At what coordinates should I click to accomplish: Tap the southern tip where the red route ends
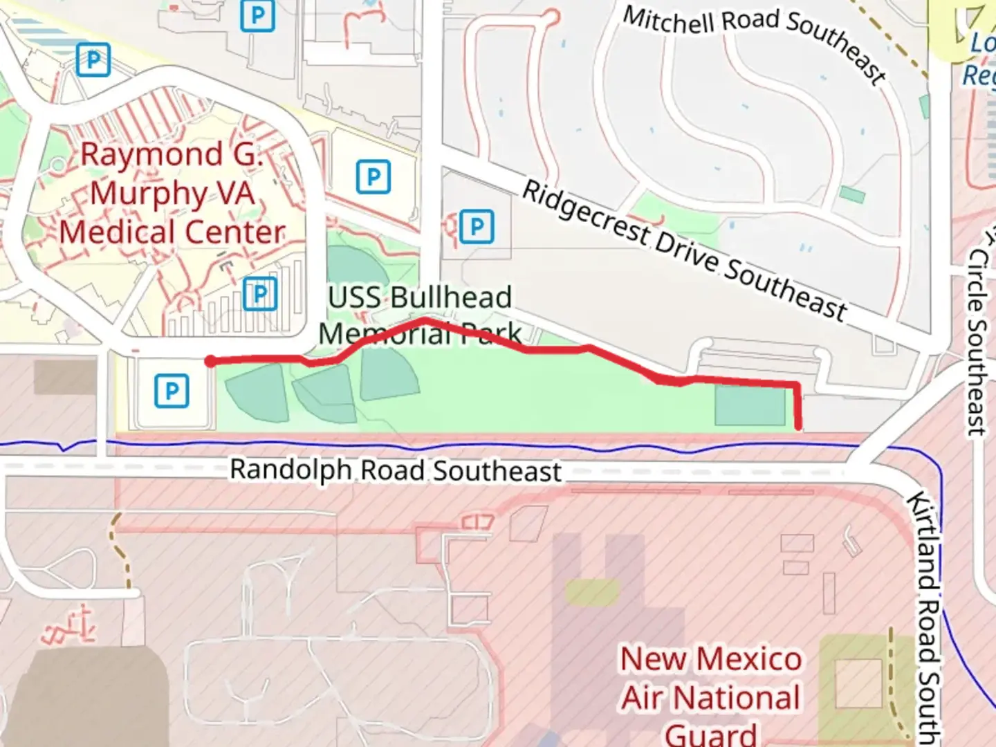(799, 427)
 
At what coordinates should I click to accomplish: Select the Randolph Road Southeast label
(396, 471)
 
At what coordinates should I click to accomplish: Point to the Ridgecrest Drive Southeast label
(684, 251)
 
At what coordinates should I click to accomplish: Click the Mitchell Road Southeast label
(754, 42)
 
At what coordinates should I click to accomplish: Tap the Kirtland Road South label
(927, 616)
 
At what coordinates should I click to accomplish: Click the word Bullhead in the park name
(450, 298)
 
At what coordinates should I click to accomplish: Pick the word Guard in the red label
(711, 733)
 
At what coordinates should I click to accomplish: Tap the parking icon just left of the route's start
(172, 391)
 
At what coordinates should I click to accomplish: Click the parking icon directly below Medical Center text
(260, 295)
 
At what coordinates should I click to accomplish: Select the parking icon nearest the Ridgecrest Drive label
(477, 227)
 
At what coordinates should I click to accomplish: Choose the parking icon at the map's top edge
(257, 15)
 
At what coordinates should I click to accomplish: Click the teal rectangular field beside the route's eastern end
(750, 405)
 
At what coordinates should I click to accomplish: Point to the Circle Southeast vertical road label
(977, 342)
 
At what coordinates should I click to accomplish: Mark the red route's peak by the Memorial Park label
(425, 320)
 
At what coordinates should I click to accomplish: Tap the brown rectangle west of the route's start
(65, 378)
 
